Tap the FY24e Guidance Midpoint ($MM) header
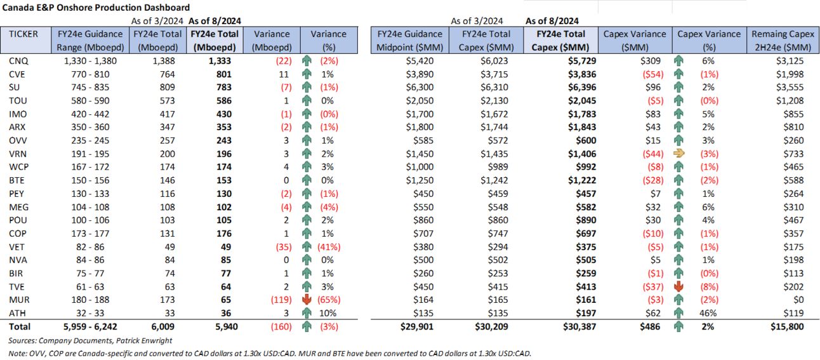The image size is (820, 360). point(410,41)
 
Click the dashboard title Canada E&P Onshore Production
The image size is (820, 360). point(95,8)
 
